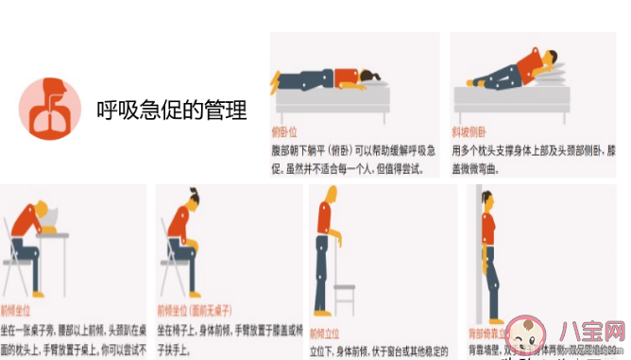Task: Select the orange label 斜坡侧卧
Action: pyautogui.click(x=469, y=132)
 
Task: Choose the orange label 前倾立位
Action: pyautogui.click(x=325, y=333)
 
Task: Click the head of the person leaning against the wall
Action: pyautogui.click(x=490, y=199)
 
